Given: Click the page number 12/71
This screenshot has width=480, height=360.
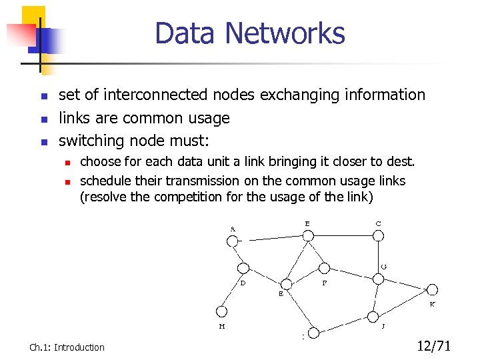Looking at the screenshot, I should click(x=434, y=345).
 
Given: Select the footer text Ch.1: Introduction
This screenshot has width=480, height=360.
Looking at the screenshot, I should click(x=67, y=347).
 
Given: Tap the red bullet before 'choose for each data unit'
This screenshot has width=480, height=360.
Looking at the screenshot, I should click(x=67, y=162).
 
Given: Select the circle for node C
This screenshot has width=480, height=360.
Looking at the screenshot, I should click(x=378, y=235).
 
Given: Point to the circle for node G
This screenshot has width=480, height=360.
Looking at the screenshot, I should click(x=378, y=279).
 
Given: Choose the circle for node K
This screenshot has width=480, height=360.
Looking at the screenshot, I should click(x=431, y=289).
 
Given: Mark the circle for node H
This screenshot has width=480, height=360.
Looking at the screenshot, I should click(x=221, y=310).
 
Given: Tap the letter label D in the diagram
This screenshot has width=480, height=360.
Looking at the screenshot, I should click(x=243, y=282).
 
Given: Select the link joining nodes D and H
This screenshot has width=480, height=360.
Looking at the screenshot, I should click(x=232, y=289).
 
